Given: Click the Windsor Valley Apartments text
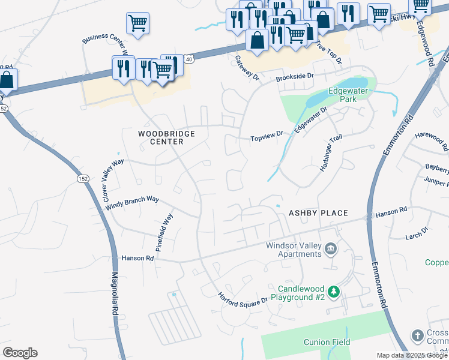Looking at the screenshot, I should pyautogui.click(x=294, y=250).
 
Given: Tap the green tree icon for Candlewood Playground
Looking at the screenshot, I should pyautogui.click(x=334, y=292).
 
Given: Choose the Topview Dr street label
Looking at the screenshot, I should pyautogui.click(x=267, y=139).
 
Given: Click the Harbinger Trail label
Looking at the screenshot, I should pyautogui.click(x=331, y=154).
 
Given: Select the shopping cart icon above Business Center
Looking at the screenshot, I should pyautogui.click(x=137, y=23).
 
